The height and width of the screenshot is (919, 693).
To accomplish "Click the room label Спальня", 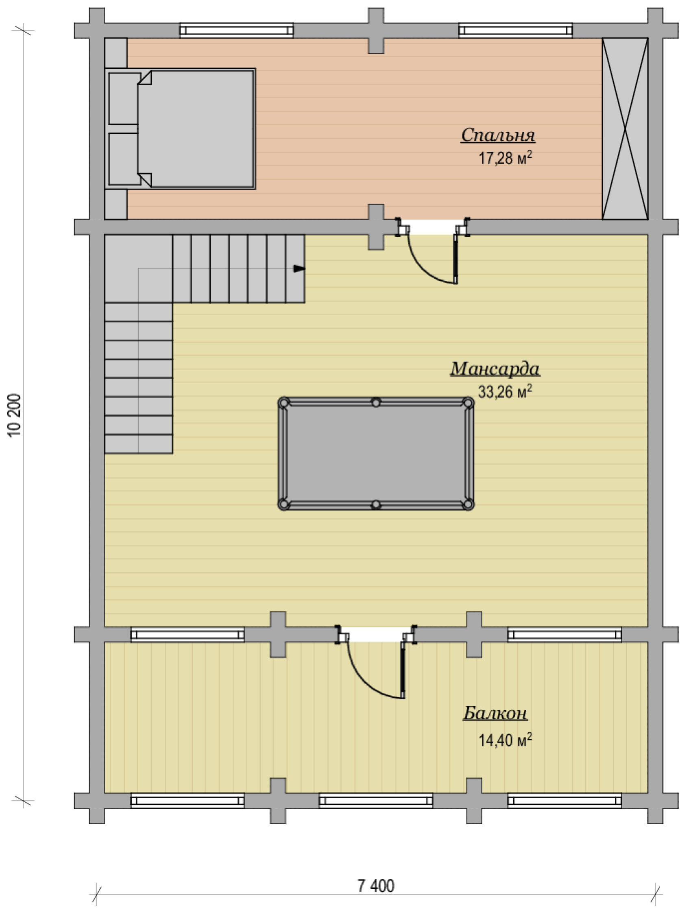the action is pos(498,135).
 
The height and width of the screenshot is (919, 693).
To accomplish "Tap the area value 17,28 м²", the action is pos(506,158).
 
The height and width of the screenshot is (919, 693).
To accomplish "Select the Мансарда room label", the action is pos(495,369).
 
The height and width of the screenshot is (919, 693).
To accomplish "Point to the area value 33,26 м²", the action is pos(505,391).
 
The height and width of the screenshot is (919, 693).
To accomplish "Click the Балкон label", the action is pos(495,713).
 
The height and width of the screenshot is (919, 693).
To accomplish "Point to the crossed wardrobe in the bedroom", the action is pos(625,129).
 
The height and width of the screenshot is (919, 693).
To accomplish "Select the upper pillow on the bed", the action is pos(123,98).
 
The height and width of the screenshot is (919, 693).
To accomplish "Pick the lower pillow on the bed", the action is pos(123,159).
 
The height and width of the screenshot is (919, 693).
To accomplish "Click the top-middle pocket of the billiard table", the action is pos(376,403).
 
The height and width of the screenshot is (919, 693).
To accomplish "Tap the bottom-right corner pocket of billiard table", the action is pos(468,504).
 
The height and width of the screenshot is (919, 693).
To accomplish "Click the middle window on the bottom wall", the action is pos(376,801).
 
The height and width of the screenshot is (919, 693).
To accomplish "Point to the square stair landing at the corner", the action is pos(138,269).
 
